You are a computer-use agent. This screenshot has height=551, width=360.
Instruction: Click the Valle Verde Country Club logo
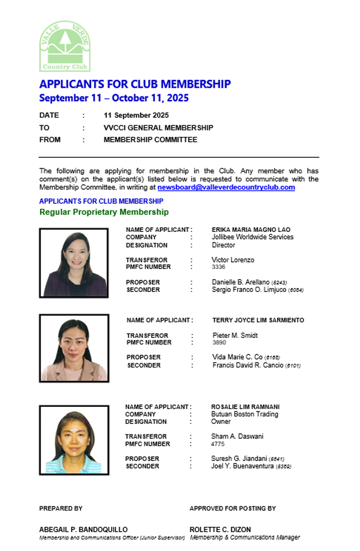click(x=65, y=47)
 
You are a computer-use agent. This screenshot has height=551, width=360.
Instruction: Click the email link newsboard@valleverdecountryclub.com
click(x=226, y=187)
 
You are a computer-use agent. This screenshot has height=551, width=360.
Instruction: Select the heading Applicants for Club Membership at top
click(x=135, y=84)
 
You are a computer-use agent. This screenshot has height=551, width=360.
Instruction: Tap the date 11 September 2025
click(x=136, y=115)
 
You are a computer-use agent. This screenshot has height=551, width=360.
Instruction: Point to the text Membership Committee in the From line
click(x=150, y=140)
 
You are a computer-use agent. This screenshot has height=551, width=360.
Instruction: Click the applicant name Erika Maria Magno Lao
click(x=251, y=230)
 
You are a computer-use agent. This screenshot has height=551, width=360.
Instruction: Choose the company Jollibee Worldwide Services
click(x=252, y=237)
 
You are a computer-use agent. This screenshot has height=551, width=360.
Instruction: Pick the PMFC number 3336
click(x=218, y=267)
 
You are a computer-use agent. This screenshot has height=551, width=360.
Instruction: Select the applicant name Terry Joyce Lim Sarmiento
click(x=258, y=320)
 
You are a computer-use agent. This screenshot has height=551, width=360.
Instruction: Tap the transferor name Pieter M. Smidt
click(x=235, y=336)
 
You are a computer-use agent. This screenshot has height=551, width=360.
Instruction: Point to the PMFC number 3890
click(x=219, y=343)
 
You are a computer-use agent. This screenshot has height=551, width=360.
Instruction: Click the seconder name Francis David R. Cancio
click(x=248, y=366)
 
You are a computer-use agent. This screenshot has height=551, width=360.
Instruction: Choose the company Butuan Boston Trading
click(x=245, y=414)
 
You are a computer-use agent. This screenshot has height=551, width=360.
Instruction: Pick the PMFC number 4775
click(x=218, y=444)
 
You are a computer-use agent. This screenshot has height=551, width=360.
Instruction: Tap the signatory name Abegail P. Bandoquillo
click(x=83, y=530)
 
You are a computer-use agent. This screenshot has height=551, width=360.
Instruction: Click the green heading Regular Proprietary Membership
click(x=104, y=212)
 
